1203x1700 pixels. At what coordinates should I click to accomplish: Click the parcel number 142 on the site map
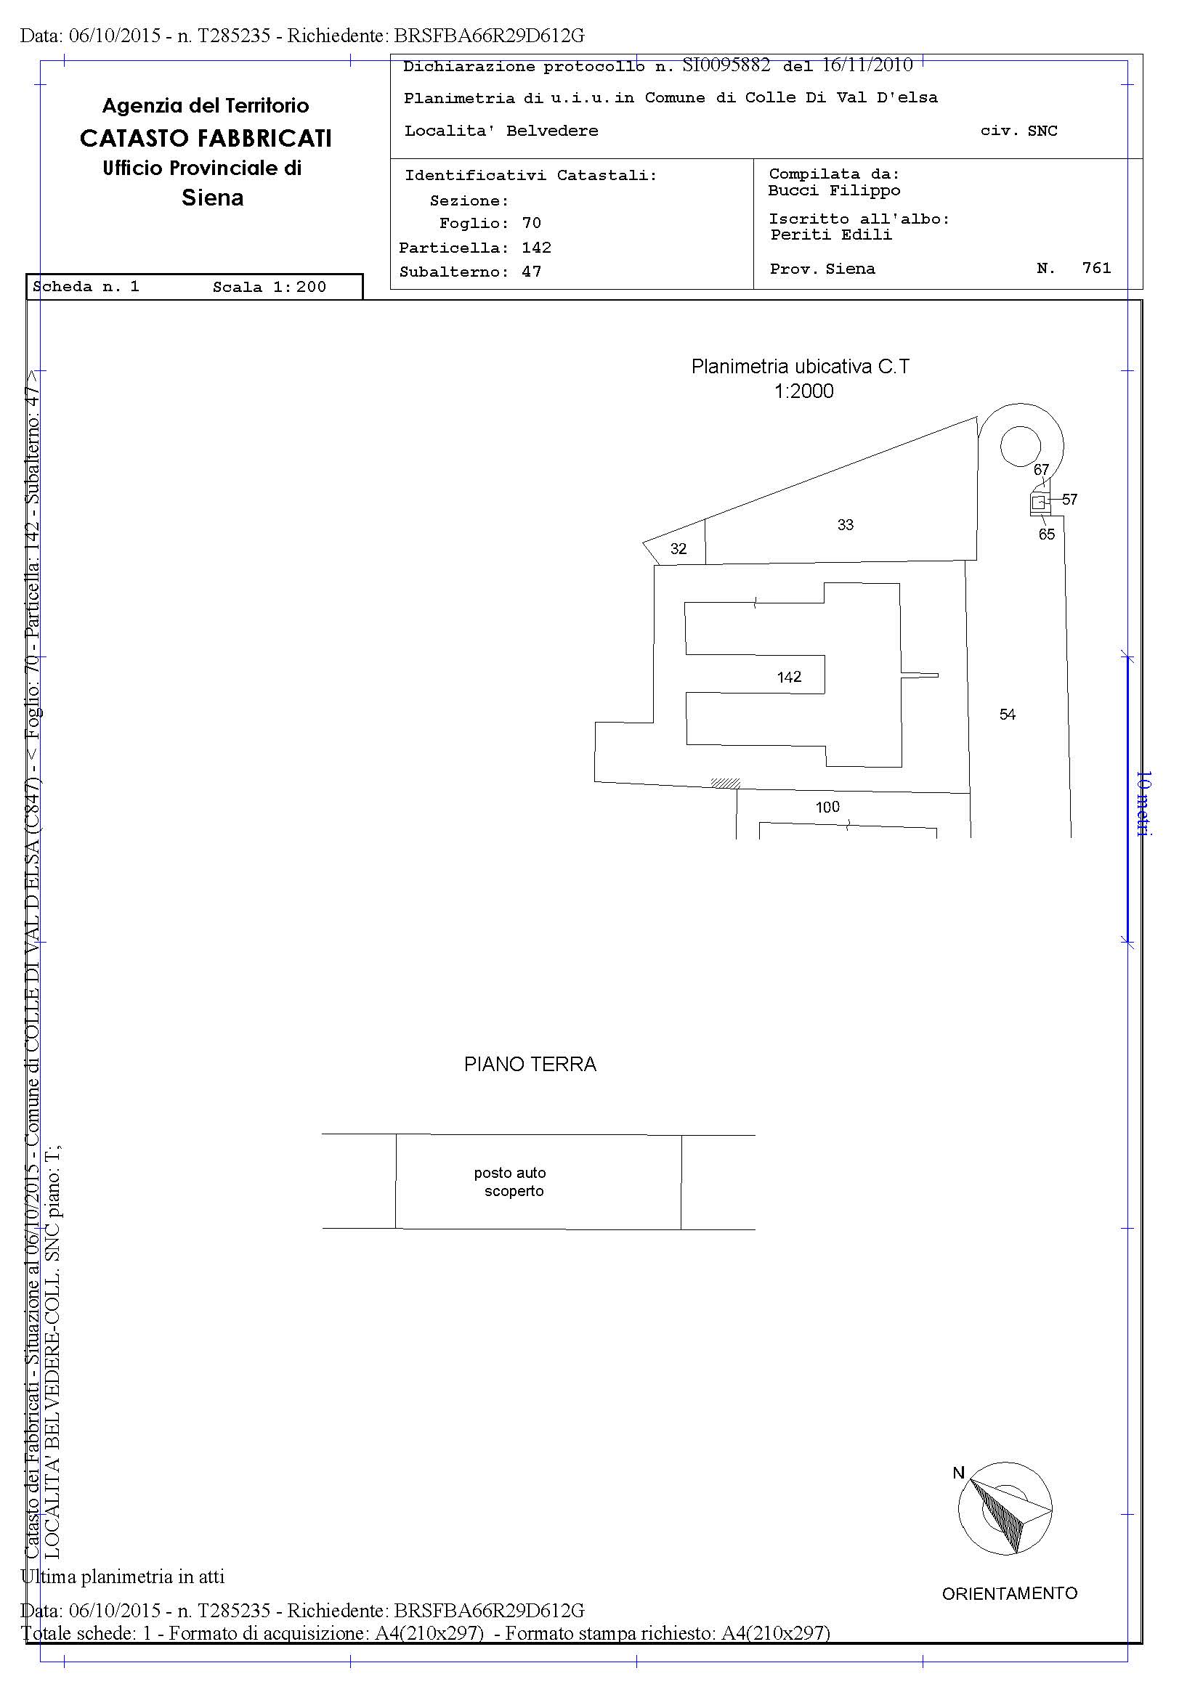click(x=789, y=677)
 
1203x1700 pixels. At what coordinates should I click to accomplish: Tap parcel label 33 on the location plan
click(x=845, y=525)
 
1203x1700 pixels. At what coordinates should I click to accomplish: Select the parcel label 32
click(x=679, y=549)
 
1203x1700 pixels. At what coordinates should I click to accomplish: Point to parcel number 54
click(x=1008, y=715)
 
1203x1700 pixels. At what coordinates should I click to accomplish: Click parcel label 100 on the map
click(x=827, y=807)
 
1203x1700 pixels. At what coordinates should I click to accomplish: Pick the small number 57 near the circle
click(x=1069, y=500)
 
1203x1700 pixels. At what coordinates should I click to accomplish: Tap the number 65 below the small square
click(x=1047, y=534)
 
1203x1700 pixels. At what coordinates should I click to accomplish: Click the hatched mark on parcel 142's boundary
click(x=725, y=782)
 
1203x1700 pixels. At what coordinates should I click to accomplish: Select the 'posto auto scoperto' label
click(x=511, y=1182)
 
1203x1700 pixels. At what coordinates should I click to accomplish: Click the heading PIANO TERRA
click(x=530, y=1065)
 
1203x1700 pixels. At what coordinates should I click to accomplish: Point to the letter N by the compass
click(x=958, y=1473)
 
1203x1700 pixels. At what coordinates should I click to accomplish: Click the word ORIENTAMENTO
click(x=1010, y=1593)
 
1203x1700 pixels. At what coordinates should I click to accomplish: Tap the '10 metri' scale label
click(x=1143, y=803)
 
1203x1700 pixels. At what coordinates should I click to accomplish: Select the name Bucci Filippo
click(x=834, y=191)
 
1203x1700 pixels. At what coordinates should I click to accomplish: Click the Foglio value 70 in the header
click(x=531, y=223)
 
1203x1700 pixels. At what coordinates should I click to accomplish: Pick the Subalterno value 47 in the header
click(x=531, y=272)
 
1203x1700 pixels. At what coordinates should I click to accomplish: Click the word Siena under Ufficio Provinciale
click(x=213, y=198)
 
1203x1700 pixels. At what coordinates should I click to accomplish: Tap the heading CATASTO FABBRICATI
click(x=206, y=139)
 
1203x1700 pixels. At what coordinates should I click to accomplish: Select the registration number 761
click(x=1096, y=268)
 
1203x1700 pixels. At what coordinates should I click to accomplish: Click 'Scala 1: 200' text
click(x=270, y=288)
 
